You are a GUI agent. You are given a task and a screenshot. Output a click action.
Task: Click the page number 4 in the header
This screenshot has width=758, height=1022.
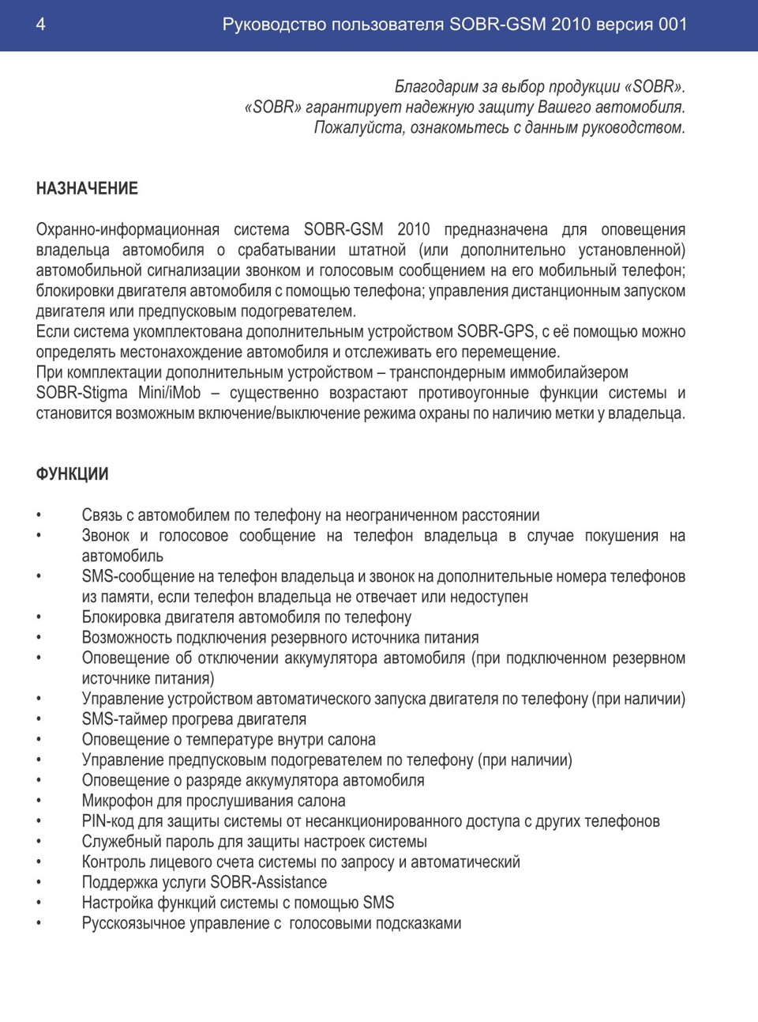40,25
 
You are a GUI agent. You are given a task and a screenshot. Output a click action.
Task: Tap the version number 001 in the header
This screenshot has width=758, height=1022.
673,25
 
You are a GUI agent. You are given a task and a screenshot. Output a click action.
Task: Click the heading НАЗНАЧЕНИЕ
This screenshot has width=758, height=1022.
87,189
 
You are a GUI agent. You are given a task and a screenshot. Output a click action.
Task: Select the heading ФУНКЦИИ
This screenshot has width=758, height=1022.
73,474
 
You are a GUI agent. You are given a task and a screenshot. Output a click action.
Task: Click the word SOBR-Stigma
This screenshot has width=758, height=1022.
81,393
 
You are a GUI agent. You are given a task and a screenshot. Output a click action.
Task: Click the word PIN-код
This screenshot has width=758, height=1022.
107,821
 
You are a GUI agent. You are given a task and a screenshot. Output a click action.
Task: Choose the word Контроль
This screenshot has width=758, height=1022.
115,862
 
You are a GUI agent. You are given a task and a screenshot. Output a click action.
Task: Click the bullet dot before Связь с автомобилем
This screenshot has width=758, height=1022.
39,516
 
